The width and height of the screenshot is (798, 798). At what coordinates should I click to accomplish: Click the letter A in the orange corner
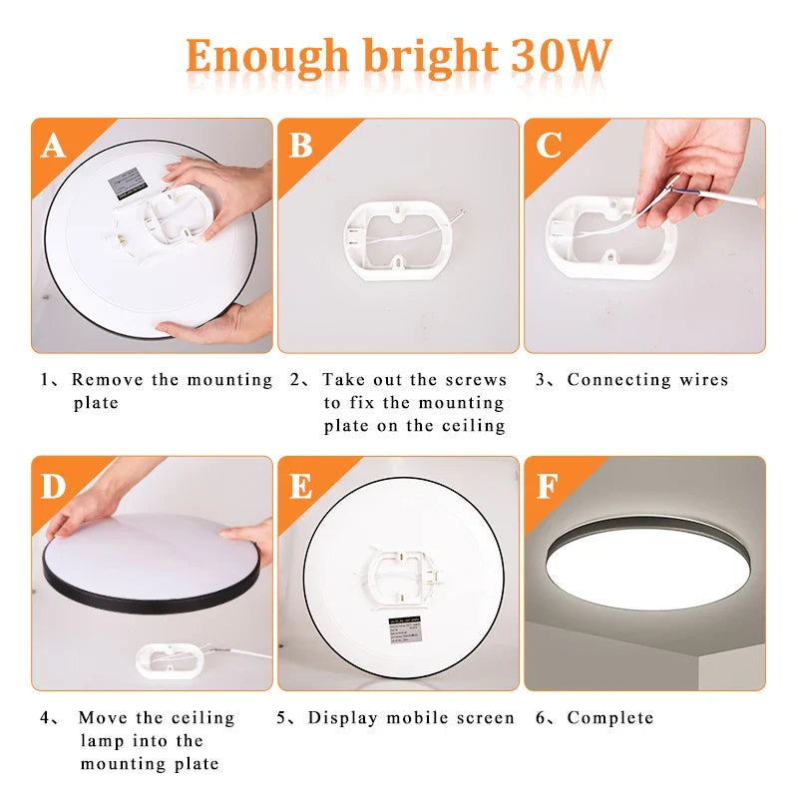point(53,147)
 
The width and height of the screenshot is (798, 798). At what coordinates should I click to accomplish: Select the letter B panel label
point(300,147)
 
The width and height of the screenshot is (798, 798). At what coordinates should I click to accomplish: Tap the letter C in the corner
point(548,147)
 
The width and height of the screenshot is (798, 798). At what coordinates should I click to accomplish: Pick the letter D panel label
point(53,486)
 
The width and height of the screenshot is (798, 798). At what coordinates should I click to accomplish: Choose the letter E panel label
point(300,486)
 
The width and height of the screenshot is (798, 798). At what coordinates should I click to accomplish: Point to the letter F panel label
point(548,486)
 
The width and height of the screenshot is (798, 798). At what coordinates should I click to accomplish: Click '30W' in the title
point(560,57)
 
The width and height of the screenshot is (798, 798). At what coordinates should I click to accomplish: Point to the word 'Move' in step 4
point(102,718)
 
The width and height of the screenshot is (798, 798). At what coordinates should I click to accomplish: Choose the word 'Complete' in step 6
point(610,718)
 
